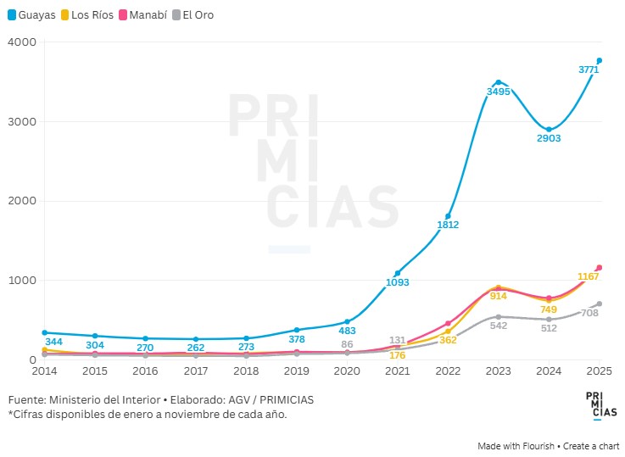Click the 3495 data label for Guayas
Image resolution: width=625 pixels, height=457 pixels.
[x=498, y=91]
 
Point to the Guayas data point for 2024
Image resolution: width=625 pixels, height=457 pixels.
[x=549, y=129]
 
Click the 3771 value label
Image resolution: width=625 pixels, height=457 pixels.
[x=589, y=70]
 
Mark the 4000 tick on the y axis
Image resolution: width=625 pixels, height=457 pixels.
[x=23, y=42]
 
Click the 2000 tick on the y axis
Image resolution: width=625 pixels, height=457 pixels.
[x=23, y=201]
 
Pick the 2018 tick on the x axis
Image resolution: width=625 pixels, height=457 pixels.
[x=246, y=371]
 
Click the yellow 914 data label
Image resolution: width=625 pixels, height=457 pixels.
[x=498, y=296]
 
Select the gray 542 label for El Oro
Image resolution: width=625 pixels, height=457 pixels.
[x=498, y=325]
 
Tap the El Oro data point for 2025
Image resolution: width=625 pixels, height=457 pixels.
[x=599, y=304]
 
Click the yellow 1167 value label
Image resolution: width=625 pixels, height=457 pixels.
[x=589, y=276]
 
